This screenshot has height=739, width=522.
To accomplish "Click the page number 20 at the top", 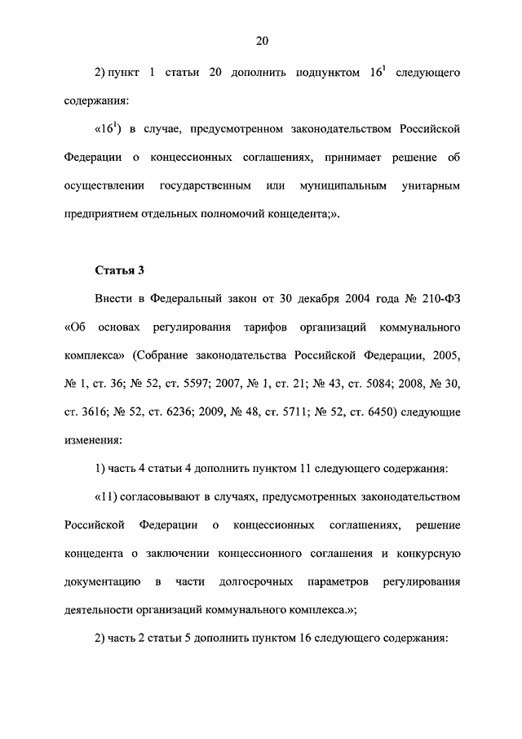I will (261, 41).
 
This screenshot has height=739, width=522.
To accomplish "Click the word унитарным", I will (431, 186).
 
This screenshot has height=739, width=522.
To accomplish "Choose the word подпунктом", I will (321, 73).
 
